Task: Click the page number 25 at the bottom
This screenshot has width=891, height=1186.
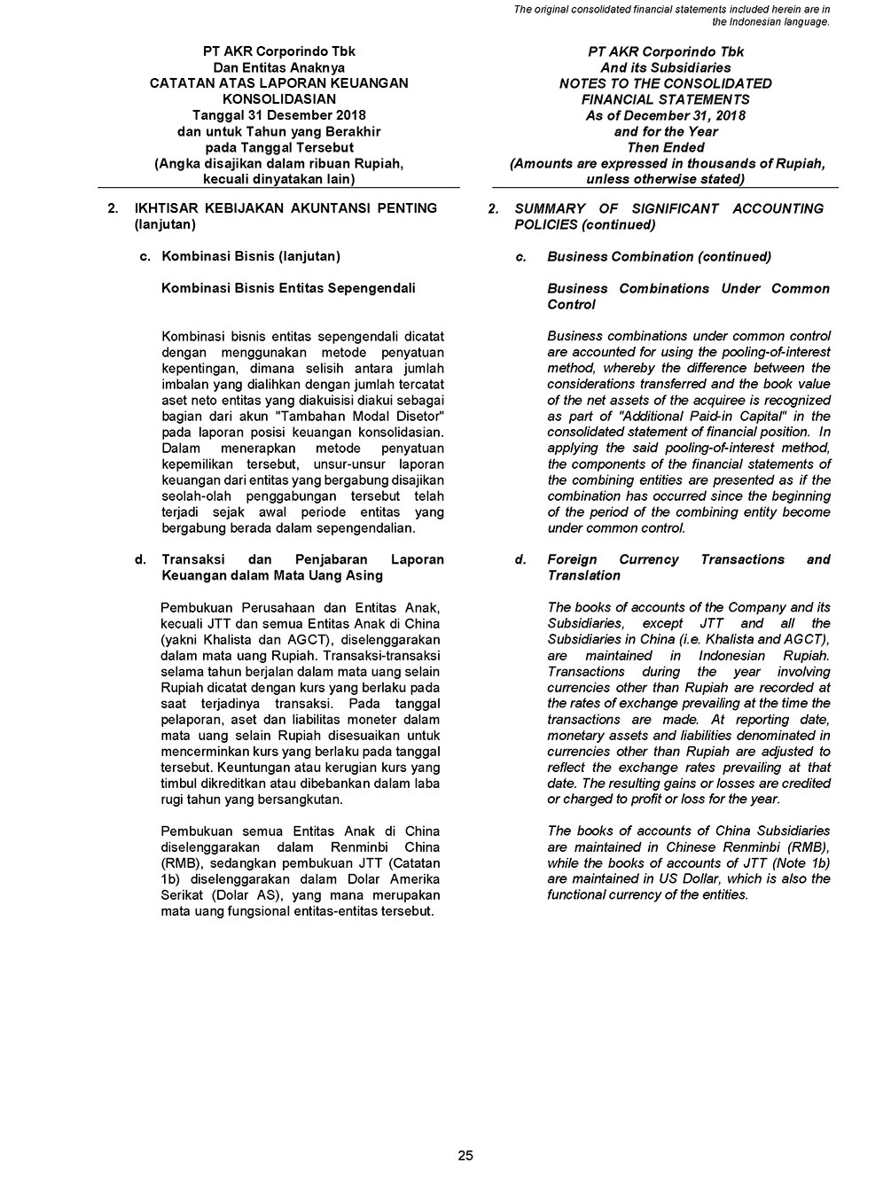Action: [465, 1155]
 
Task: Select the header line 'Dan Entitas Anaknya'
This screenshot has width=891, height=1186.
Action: [279, 67]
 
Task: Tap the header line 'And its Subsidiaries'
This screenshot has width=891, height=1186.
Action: [665, 67]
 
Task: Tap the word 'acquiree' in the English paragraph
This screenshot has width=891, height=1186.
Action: [692, 401]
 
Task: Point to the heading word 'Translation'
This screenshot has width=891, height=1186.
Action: [583, 576]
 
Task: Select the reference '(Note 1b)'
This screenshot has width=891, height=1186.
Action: [801, 863]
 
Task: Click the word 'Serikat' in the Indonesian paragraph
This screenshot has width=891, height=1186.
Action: [183, 895]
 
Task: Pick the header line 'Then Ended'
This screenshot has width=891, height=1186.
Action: [665, 147]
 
